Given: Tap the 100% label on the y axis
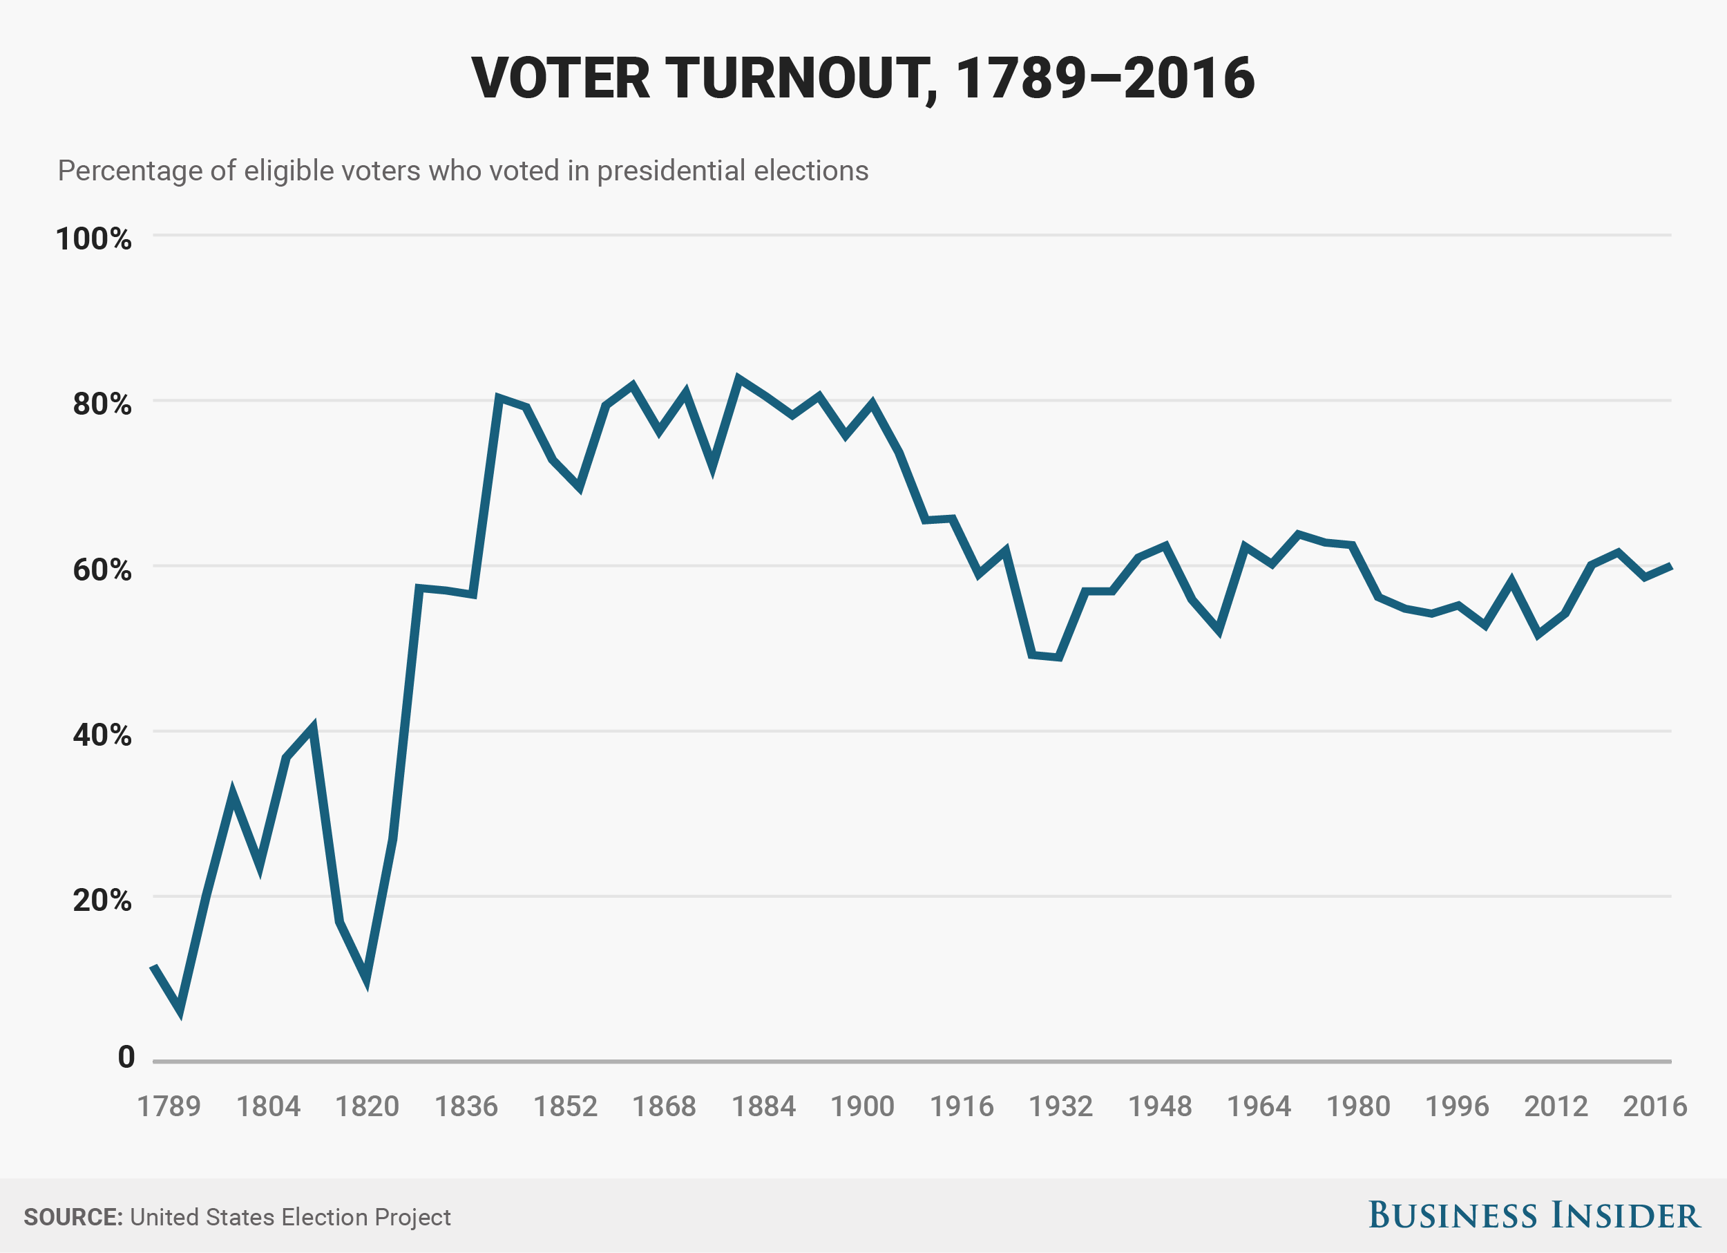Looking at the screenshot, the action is (94, 239).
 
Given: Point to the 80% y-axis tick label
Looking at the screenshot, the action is (102, 404).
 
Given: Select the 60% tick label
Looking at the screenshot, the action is (102, 569).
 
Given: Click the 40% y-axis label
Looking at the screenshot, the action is (102, 735).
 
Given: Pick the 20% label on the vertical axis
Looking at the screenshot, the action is (102, 901).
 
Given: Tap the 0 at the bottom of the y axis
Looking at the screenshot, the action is (126, 1057).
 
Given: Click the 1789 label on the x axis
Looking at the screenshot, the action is (169, 1106).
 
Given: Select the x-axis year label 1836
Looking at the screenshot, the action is (466, 1106).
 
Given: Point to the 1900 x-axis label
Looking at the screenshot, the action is (862, 1106).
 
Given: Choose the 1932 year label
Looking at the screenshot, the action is (1060, 1106).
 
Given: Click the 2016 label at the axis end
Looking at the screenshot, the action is (1654, 1106).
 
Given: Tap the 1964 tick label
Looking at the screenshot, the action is (1259, 1106).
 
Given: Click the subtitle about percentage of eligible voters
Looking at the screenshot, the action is (463, 171).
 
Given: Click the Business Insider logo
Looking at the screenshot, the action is (1534, 1215).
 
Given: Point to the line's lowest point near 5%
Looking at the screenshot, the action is (180, 1012).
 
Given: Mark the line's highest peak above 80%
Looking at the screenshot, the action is (738, 378).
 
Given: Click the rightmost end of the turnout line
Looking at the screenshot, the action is (1670, 566).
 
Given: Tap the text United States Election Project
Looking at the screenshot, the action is (290, 1216).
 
